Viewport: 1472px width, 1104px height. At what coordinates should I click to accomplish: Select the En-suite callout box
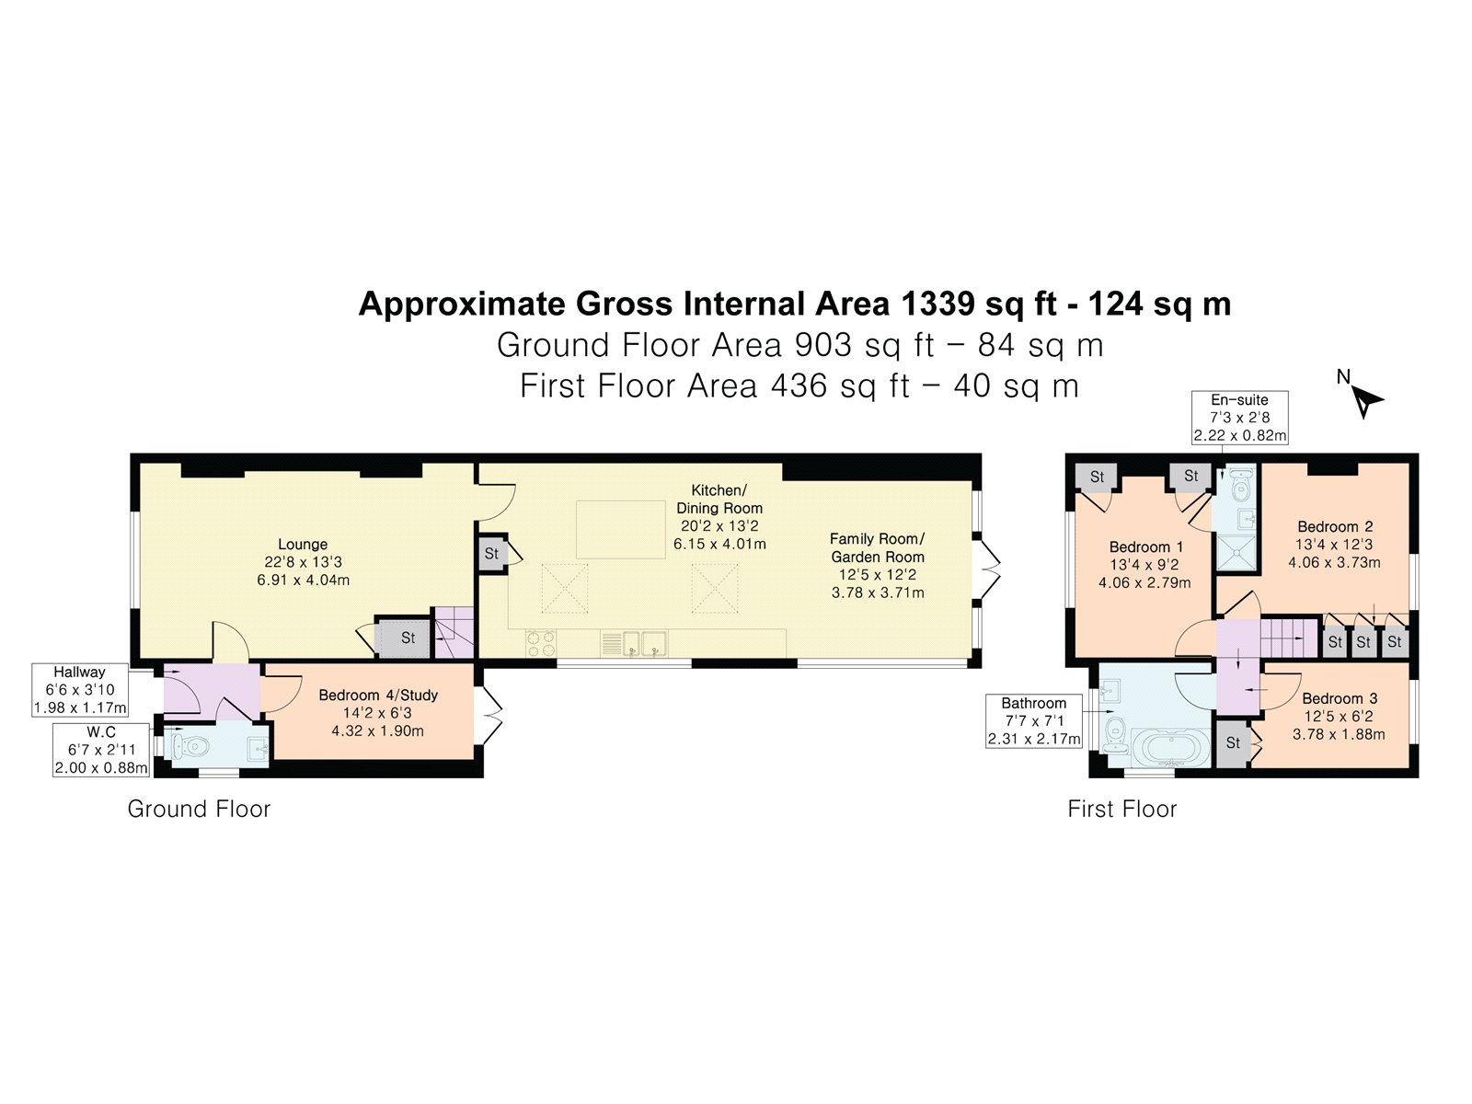point(1239,418)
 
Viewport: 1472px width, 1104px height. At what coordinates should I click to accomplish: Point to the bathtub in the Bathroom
point(1171,748)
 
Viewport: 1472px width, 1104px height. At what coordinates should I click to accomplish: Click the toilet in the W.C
point(186,745)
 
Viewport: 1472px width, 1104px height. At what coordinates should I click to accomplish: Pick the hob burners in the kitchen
point(541,643)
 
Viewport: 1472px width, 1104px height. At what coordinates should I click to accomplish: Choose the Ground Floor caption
point(199,809)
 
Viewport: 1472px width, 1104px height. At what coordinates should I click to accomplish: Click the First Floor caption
point(1121,809)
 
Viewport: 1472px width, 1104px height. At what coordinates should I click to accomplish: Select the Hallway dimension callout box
point(80,690)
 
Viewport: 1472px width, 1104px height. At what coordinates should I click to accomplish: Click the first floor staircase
point(1290,638)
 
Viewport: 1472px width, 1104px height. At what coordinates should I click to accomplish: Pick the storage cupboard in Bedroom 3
point(1234,742)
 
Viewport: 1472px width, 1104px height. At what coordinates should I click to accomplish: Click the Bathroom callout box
point(1033,721)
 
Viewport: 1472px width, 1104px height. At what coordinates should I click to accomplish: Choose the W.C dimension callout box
point(101,750)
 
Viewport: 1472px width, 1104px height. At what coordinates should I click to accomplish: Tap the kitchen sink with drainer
point(634,643)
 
